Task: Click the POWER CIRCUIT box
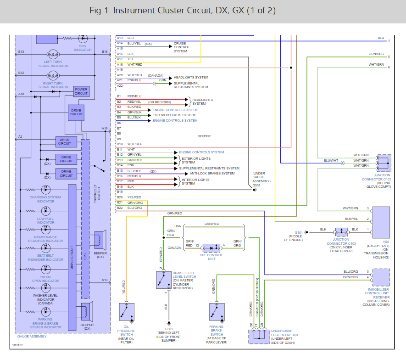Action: point(81,91)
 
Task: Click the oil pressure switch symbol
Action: point(126,312)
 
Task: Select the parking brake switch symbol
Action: point(217,312)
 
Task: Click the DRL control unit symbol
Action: point(211,247)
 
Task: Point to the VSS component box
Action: point(381,219)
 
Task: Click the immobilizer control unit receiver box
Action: point(381,277)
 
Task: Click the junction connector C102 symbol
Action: point(383,163)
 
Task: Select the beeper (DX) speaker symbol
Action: point(86,312)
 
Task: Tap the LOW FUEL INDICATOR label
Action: point(46,220)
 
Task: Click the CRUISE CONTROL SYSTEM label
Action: point(181,47)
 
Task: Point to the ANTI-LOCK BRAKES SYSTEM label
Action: point(212,173)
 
